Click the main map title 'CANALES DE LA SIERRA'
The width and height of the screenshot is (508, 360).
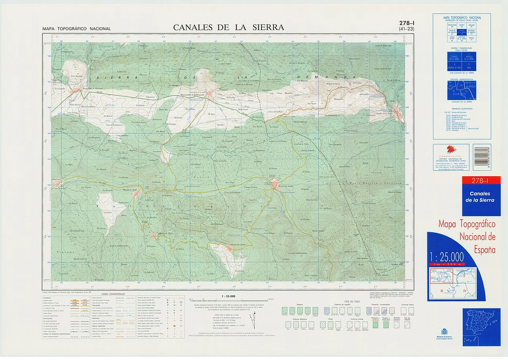click(x=229, y=27)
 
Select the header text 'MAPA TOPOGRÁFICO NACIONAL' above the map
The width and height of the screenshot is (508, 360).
click(x=77, y=29)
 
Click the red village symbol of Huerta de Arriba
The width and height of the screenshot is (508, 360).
click(x=275, y=184)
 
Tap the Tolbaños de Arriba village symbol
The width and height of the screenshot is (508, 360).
click(x=230, y=248)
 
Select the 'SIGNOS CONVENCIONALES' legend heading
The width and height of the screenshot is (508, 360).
click(x=113, y=294)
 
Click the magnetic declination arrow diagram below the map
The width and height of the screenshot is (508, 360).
click(x=252, y=320)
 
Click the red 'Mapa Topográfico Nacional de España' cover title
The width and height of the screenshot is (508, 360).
click(x=467, y=237)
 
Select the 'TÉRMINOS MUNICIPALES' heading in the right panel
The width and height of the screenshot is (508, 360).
click(x=462, y=108)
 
